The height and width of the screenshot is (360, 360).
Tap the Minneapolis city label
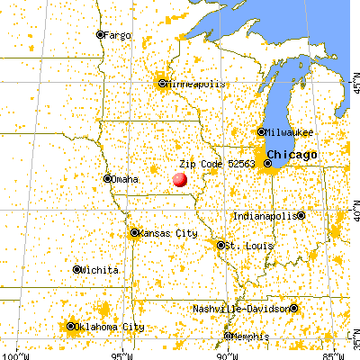193,85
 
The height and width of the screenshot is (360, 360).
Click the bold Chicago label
295,155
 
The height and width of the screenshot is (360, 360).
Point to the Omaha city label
125,179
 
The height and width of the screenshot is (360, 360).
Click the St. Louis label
244,245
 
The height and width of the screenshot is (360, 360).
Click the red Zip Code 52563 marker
180,179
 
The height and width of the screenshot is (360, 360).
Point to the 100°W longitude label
13,355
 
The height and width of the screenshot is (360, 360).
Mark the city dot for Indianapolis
301,216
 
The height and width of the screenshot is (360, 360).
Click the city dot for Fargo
100,35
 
